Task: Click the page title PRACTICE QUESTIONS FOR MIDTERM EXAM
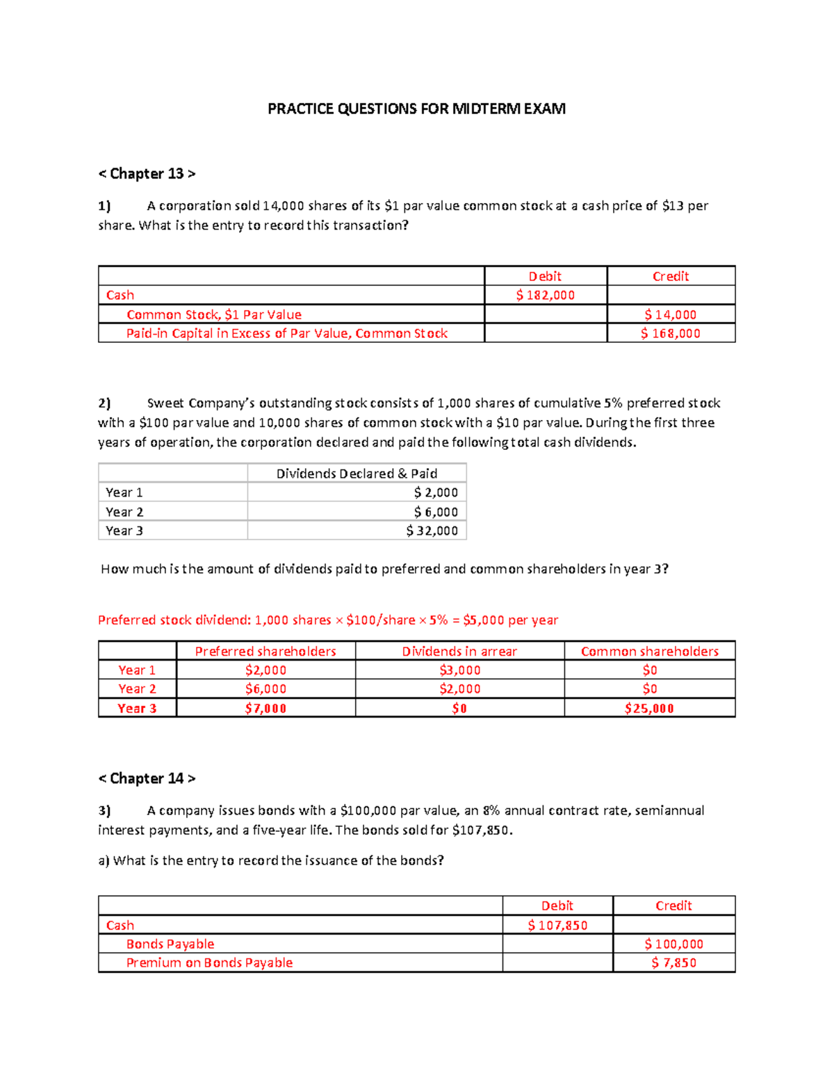pos(416,109)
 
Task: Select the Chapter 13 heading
pos(147,174)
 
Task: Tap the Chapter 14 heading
pos(147,779)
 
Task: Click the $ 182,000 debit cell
pos(546,295)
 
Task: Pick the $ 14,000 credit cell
pos(670,314)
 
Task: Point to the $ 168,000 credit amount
pos(670,333)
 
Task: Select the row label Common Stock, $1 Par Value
pos(214,314)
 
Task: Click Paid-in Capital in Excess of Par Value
pos(286,333)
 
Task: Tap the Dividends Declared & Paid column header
pos(357,474)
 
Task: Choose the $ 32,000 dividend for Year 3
pos(432,531)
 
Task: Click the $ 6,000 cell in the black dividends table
pos(436,512)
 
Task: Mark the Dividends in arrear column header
pos(459,652)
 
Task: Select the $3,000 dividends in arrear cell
pos(459,670)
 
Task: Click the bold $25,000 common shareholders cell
pos(649,709)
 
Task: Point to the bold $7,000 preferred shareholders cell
pos(265,709)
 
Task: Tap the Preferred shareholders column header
pos(265,652)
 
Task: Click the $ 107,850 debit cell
pos(557,926)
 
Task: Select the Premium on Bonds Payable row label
pos(209,963)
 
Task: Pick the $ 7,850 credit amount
pos(673,963)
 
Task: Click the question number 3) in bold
pos(104,811)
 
